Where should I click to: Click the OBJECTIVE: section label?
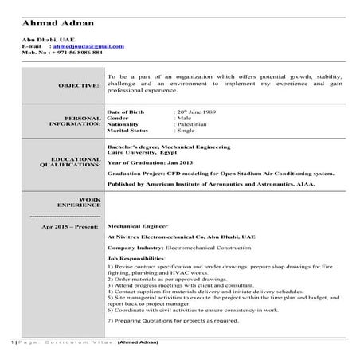(x=79, y=84)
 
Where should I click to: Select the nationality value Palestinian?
(x=194, y=125)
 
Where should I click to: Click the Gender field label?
(x=117, y=119)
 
